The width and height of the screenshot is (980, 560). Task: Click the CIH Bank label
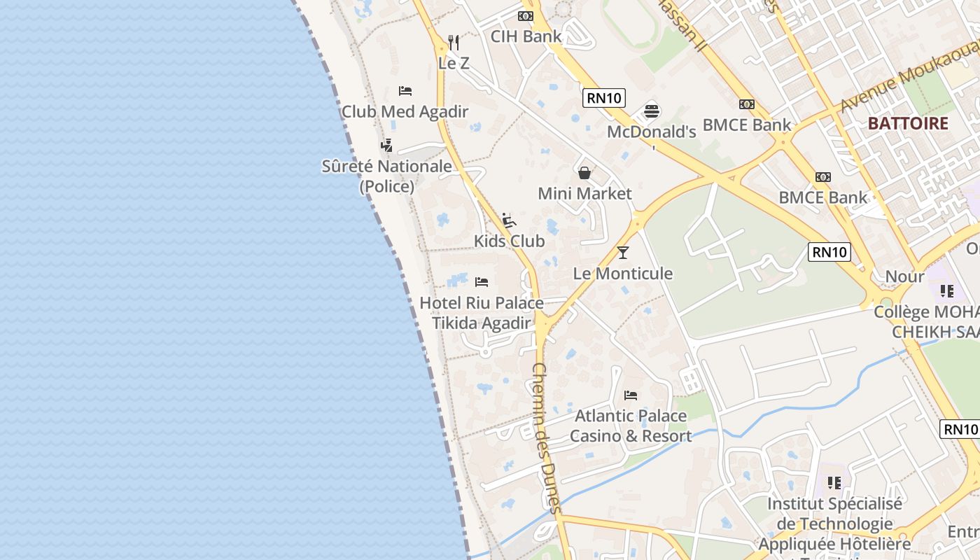526,36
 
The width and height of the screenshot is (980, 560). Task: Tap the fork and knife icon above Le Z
454,43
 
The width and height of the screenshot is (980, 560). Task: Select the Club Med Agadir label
405,111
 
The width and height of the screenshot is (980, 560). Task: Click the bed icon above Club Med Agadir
405,91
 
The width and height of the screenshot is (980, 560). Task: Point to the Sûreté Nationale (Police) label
386,176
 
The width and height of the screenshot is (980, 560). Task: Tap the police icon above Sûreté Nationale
386,145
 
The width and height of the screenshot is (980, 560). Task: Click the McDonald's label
651,132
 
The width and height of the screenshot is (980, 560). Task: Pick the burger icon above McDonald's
652,111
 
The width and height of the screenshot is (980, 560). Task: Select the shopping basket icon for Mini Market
584,172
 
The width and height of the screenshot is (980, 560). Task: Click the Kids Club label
509,241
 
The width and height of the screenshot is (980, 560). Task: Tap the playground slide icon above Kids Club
509,220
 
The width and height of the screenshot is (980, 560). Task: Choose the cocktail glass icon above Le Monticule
623,253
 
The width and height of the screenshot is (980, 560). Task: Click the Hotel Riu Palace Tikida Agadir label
482,313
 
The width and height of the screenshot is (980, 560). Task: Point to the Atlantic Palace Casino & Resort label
631,426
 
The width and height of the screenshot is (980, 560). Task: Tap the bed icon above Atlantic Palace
631,395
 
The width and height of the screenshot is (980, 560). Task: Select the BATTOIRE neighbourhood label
908,124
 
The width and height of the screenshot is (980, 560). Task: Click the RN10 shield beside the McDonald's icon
604,98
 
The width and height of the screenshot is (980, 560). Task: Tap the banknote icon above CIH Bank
526,16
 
